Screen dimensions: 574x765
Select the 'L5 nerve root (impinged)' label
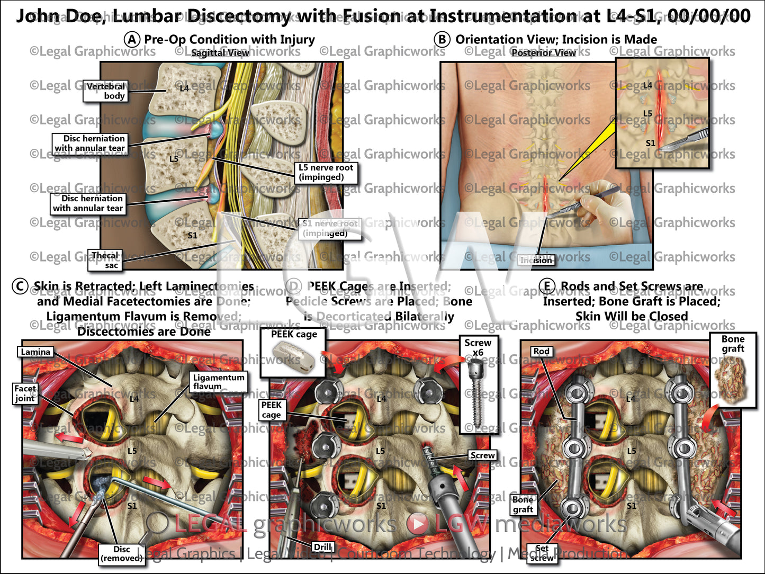click(326, 172)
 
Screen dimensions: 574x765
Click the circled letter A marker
click(132, 40)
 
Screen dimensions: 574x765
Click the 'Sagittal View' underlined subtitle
click(220, 53)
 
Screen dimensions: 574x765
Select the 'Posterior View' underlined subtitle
click(543, 53)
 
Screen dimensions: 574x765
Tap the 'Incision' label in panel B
click(536, 260)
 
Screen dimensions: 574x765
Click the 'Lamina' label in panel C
click(35, 352)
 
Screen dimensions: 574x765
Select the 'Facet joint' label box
click(25, 393)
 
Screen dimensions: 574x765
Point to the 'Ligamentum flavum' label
click(218, 382)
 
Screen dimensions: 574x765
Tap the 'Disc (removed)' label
click(121, 553)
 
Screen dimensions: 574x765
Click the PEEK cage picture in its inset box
click(293, 358)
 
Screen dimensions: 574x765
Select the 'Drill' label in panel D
click(322, 547)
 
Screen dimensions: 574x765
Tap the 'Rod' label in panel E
click(541, 351)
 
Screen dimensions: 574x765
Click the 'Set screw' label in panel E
click(542, 553)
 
